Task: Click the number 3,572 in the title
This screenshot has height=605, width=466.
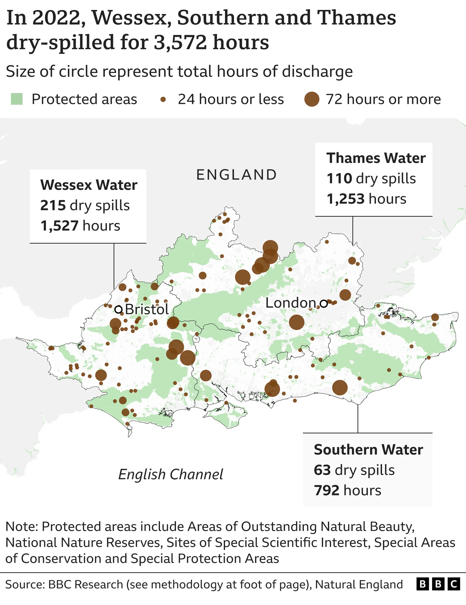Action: click(x=180, y=42)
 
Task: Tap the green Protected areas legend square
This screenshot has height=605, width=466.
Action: click(x=17, y=99)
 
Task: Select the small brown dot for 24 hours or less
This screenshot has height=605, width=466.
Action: click(x=163, y=99)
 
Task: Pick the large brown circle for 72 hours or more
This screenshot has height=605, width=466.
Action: click(x=312, y=99)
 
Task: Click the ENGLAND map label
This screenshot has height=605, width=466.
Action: click(x=236, y=175)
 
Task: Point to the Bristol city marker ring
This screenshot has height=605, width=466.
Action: click(x=118, y=310)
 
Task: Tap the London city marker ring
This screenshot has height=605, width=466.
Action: click(x=324, y=304)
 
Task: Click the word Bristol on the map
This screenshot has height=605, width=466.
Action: click(x=147, y=309)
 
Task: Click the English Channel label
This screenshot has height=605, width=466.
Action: click(x=171, y=474)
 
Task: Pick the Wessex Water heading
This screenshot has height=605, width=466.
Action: click(x=89, y=185)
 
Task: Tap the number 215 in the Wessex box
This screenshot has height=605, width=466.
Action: click(x=53, y=205)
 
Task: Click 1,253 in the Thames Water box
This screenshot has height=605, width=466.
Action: click(x=345, y=199)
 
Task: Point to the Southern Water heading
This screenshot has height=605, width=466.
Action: click(x=368, y=449)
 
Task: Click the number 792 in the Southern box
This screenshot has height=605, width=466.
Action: click(x=326, y=490)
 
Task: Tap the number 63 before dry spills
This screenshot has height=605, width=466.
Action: click(x=322, y=470)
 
